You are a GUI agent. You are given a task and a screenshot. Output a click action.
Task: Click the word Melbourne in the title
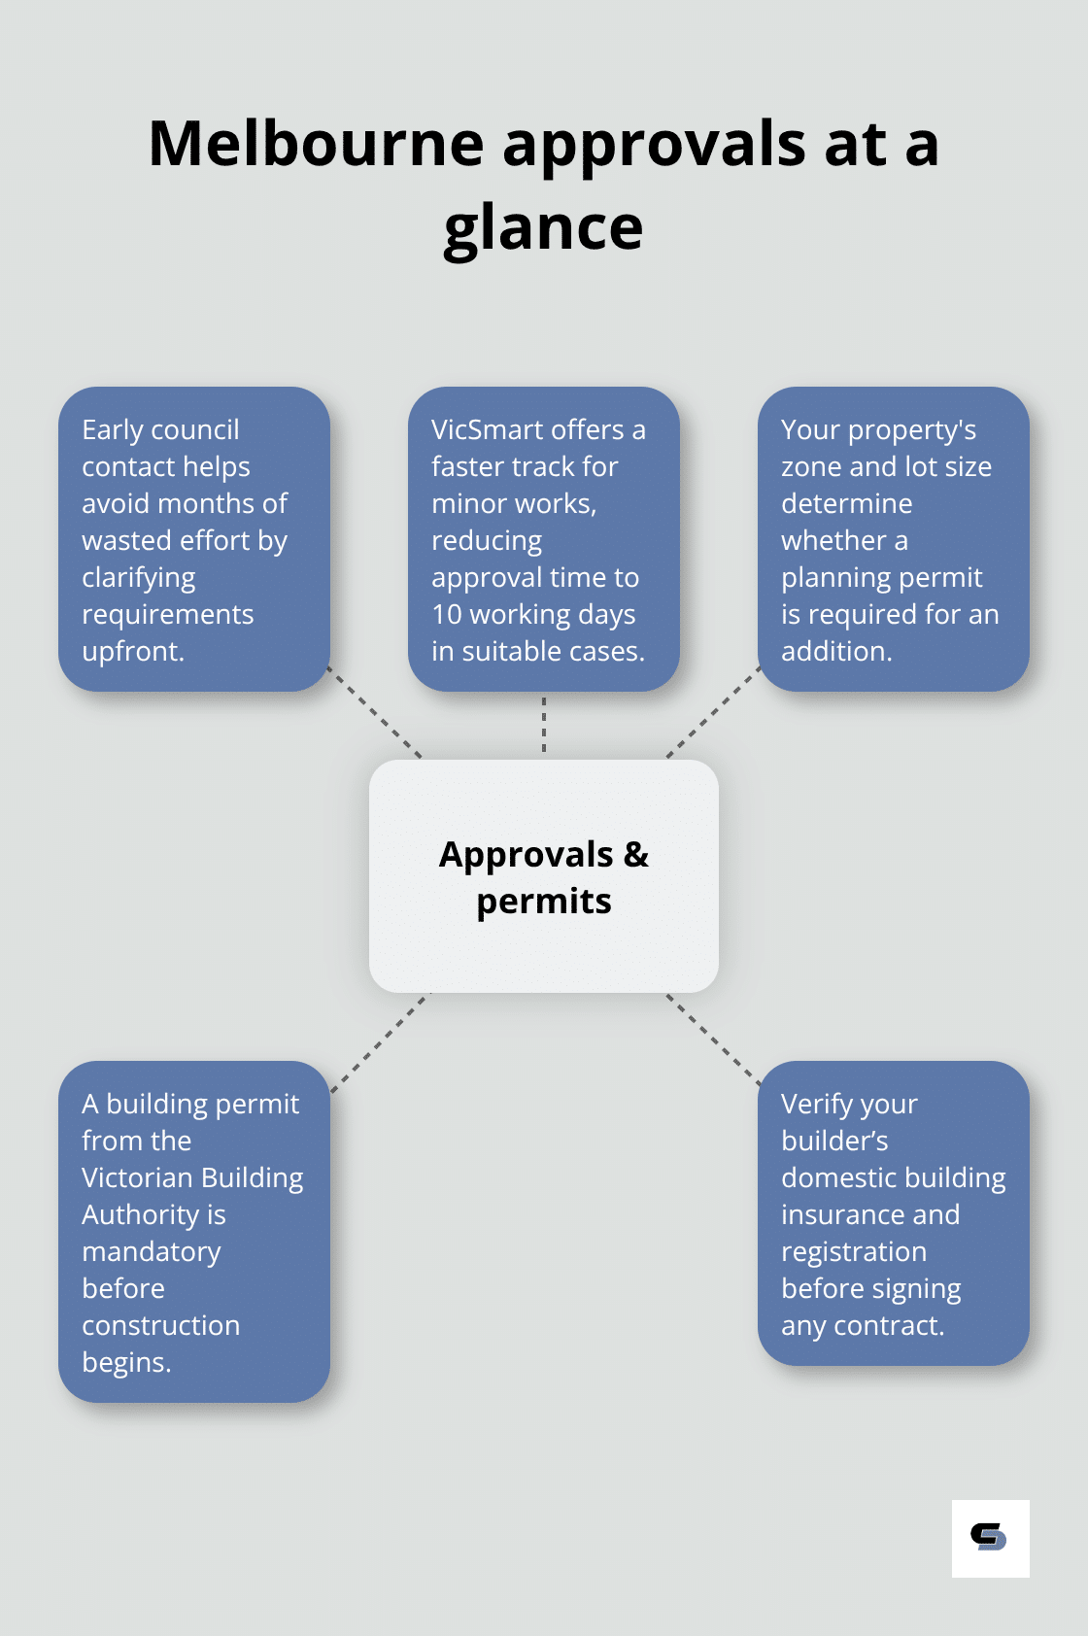pos(316,144)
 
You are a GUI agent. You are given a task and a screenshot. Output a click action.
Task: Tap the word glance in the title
pos(543,229)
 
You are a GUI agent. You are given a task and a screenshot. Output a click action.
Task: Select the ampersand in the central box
pos(636,855)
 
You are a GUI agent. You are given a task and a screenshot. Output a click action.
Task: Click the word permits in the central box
pos(543,902)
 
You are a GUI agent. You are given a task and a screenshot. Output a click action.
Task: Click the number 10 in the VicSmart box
pos(447,614)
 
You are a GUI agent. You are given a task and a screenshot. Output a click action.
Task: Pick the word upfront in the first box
pos(132,651)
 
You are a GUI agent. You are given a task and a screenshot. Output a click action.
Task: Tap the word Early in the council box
pos(113,429)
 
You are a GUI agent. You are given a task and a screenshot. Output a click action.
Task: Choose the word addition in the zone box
pos(835,651)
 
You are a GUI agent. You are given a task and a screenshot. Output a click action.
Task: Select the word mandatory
pos(152,1251)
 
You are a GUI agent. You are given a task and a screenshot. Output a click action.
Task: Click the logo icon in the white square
pos(989,1537)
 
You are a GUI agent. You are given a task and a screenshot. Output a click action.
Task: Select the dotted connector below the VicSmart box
pos(544,725)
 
